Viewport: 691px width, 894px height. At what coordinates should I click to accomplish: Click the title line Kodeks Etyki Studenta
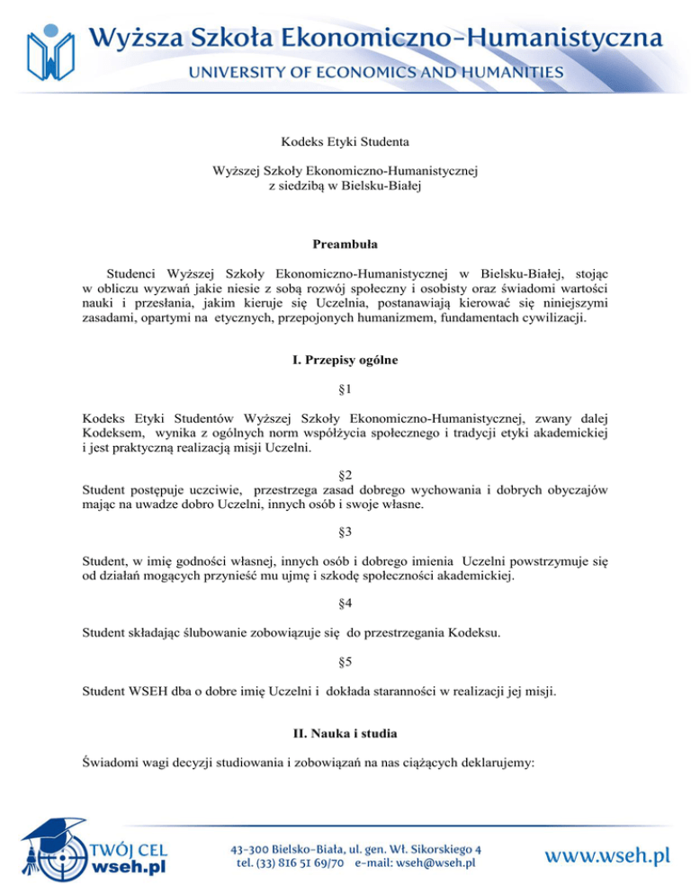(345, 140)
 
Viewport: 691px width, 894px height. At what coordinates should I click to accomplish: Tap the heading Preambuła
(345, 244)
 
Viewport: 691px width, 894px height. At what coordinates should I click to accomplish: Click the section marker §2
(345, 474)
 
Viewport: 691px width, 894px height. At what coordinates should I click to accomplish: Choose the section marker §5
(345, 663)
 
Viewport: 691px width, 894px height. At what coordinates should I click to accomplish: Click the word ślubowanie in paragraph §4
(206, 632)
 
